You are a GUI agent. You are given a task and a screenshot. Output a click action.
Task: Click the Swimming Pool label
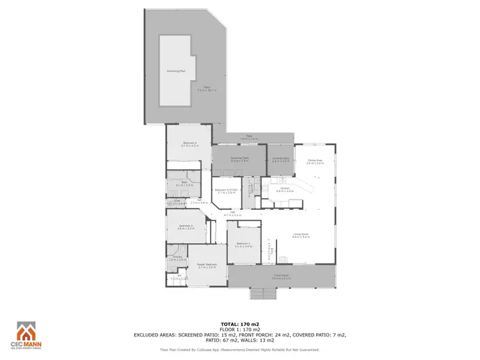click(176, 71)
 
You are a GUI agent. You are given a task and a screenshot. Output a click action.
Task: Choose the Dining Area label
click(315, 160)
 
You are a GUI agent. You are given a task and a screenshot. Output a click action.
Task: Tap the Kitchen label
click(285, 189)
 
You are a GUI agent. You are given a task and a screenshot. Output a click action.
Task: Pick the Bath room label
click(184, 183)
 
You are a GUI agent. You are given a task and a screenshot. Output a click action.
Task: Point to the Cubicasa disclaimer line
click(239, 350)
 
